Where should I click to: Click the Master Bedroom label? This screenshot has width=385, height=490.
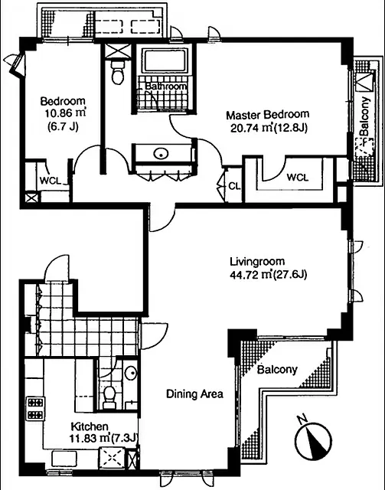click(266, 115)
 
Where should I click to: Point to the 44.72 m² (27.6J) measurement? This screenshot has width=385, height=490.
click(267, 275)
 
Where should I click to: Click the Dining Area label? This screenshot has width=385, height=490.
click(195, 394)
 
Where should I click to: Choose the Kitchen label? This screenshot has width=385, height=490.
click(90, 426)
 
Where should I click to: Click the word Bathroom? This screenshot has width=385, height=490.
click(166, 87)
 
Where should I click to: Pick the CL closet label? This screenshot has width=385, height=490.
click(233, 185)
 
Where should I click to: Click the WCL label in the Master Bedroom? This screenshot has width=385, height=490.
click(298, 178)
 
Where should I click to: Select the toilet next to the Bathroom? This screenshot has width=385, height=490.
click(116, 73)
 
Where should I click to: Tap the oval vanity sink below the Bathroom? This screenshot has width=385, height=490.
click(161, 153)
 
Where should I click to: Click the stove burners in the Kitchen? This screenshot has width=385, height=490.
click(34, 407)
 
